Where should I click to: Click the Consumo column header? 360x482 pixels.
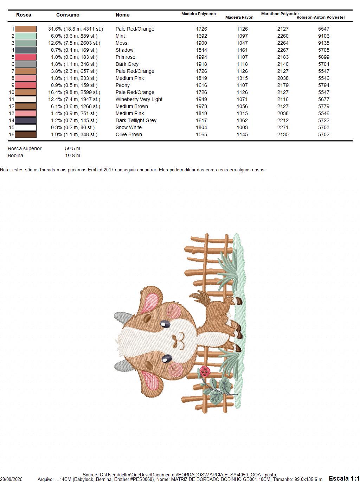(67, 15)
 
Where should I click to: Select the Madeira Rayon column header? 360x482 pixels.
(239, 17)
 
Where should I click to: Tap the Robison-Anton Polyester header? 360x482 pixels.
(321, 17)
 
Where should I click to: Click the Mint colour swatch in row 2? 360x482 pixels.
(26, 36)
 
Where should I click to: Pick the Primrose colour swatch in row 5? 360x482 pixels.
(26, 57)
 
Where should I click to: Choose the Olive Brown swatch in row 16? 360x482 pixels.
(26, 134)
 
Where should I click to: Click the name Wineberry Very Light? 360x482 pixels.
(139, 99)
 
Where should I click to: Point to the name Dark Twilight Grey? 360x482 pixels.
(136, 120)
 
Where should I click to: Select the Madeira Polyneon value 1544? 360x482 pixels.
(201, 50)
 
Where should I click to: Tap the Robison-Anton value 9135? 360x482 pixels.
(323, 43)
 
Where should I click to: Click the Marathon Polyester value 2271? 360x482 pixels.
(283, 127)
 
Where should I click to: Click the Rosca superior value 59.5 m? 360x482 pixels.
(73, 148)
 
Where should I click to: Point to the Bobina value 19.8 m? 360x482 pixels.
(73, 156)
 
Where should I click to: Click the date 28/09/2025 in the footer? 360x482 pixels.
(11, 479)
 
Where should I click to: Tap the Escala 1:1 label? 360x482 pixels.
(344, 478)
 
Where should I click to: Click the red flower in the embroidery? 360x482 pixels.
(205, 371)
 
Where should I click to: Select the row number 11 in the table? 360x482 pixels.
(12, 99)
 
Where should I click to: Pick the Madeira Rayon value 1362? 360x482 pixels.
(242, 120)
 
